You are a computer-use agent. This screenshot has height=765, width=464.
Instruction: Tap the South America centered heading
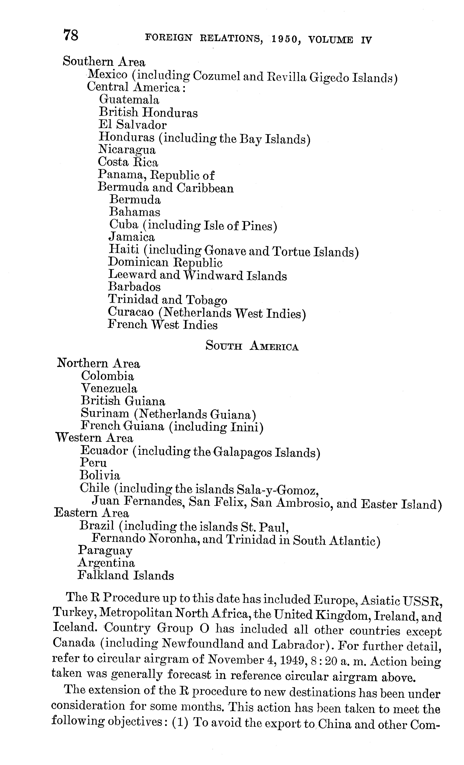(x=252, y=346)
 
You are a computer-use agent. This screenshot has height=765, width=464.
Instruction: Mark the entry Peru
(x=93, y=463)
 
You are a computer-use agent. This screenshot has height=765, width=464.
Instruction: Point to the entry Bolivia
(x=100, y=475)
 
